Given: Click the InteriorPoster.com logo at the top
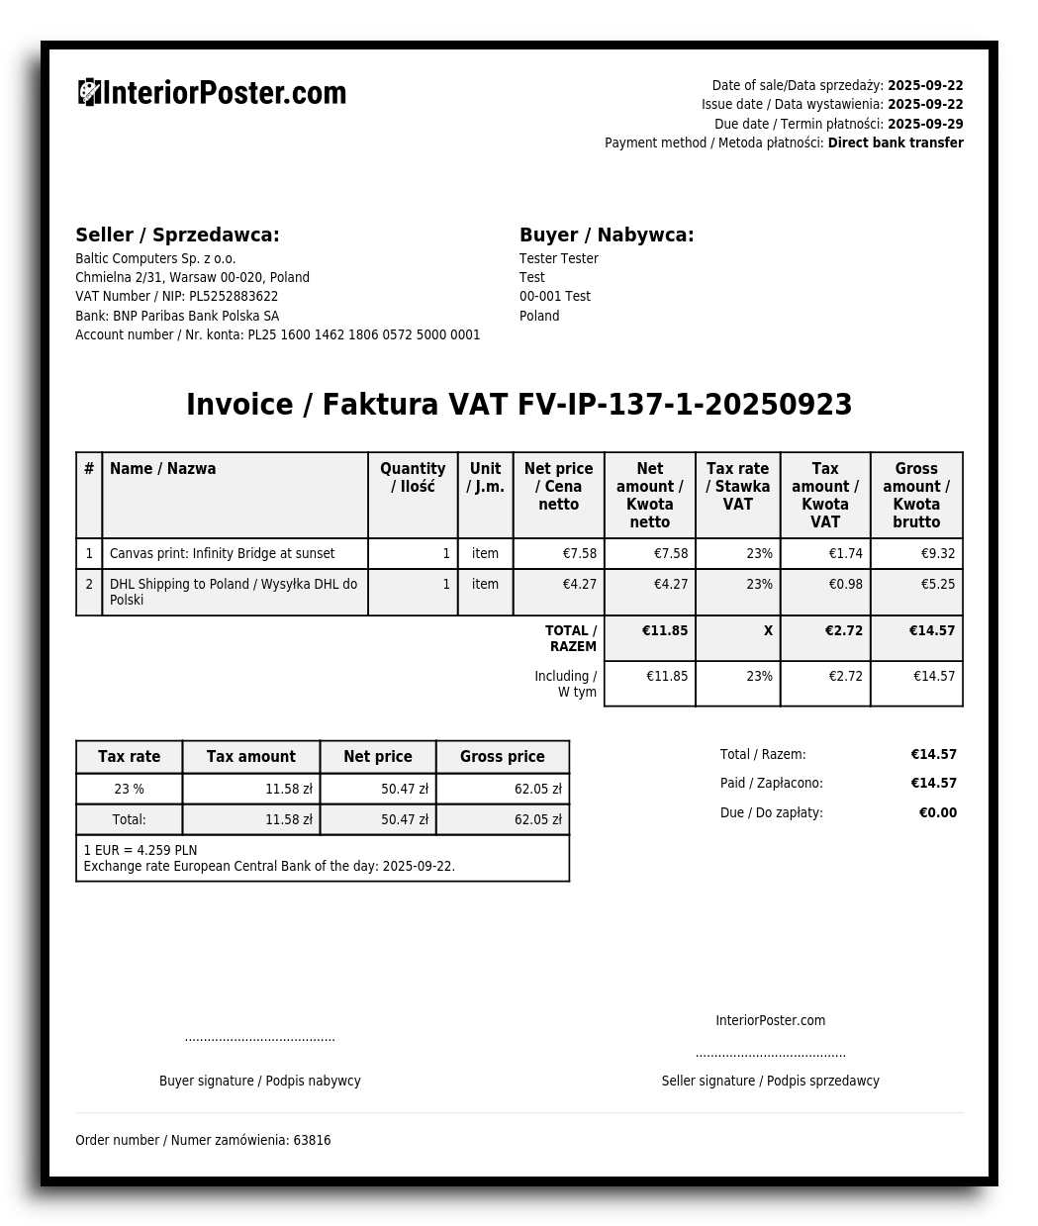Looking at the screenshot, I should click(212, 93).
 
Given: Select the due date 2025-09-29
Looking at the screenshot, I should click(925, 124).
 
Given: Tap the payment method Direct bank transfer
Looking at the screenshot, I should click(896, 142).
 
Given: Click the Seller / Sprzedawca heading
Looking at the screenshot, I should click(177, 235).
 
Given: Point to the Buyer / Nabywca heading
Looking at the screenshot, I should click(607, 235).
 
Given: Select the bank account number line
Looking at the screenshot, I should click(277, 334).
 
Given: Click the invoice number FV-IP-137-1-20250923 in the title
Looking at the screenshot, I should click(685, 405).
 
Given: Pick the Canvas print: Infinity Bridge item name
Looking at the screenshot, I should click(222, 553).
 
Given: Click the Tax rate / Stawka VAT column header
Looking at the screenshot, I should click(737, 486).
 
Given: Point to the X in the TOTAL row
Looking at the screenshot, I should click(768, 630).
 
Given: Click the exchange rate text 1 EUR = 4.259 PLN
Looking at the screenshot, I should click(141, 850).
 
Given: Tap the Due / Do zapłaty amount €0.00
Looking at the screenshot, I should click(937, 812).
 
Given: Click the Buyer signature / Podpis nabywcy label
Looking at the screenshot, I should click(259, 1081).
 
